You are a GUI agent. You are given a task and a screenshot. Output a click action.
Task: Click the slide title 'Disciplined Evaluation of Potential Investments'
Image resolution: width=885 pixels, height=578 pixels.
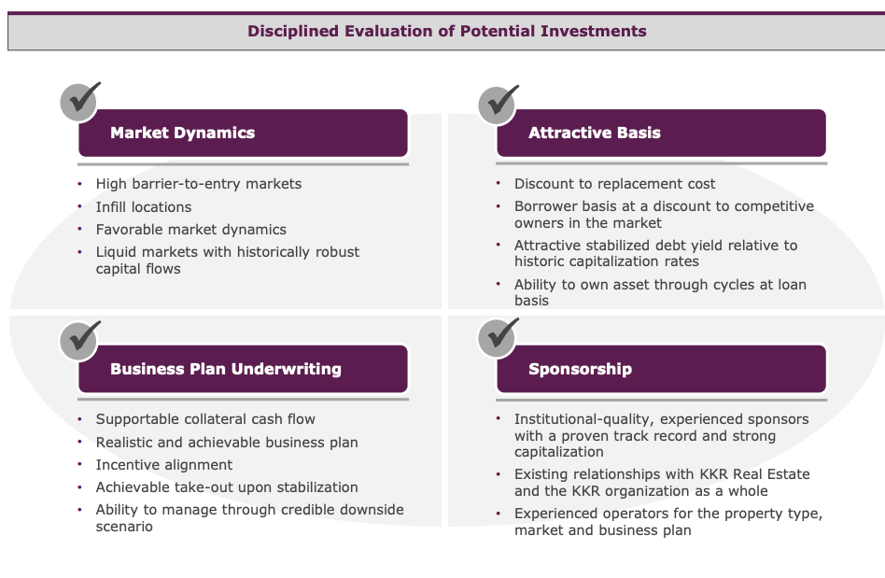pos(446,31)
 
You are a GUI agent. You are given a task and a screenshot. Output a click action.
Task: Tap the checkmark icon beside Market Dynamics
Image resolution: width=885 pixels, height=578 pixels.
pos(79,102)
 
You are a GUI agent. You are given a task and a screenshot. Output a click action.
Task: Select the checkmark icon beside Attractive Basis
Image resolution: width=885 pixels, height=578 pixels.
pos(498,102)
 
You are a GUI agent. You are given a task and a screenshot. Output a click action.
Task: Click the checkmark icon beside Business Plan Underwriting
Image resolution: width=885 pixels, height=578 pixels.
pos(79,338)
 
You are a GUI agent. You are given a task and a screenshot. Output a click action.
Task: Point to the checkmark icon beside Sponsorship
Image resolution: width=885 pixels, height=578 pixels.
pos(498,338)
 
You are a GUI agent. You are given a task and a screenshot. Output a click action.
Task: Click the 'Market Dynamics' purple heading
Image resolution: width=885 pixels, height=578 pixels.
pos(243,133)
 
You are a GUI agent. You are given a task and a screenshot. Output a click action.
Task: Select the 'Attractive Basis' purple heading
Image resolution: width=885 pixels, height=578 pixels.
pos(661,133)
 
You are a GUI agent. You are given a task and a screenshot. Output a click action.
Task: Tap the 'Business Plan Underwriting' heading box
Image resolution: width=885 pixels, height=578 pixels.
pos(243,369)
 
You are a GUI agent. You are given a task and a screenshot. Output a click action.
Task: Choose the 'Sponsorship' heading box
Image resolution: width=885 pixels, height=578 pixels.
pos(661,369)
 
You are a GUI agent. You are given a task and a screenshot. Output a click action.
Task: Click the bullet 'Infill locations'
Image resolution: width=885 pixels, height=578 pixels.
pos(143,207)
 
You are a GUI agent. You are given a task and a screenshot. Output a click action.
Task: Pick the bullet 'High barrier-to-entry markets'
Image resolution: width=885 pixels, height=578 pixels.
pos(198,184)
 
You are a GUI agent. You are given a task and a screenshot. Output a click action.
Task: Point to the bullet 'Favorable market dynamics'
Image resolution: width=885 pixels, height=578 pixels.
pos(190,230)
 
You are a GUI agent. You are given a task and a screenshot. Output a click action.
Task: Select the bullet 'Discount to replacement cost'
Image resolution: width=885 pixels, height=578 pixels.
pos(614,184)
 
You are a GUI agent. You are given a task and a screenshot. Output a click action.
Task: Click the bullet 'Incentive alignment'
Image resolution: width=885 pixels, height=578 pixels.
pos(163,465)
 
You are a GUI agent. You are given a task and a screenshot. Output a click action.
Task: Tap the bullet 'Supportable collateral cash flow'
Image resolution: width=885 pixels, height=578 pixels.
pos(205,419)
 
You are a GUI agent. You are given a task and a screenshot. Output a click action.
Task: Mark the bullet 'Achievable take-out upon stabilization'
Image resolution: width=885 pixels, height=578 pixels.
pos(226,487)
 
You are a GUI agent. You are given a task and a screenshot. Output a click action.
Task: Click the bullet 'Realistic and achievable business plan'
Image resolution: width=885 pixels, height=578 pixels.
pos(226,443)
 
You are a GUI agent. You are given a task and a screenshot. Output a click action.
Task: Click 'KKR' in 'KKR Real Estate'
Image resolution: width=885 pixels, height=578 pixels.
pos(711,474)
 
